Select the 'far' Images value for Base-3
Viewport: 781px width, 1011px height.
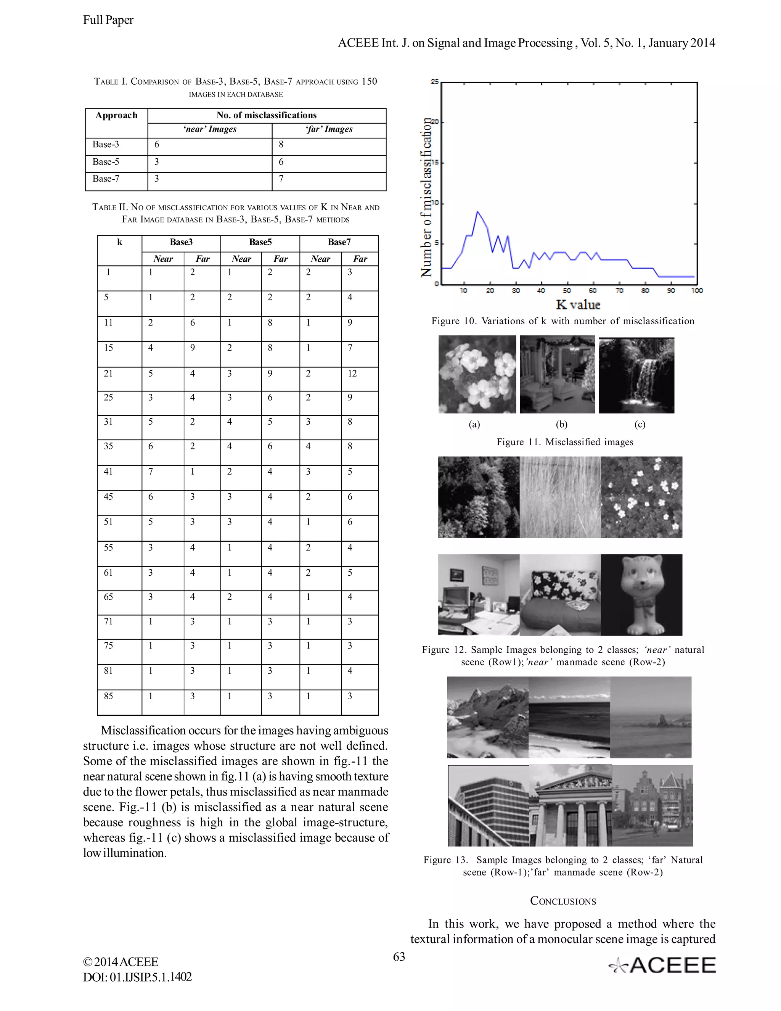[x=281, y=145]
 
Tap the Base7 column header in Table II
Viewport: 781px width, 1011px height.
[x=339, y=242]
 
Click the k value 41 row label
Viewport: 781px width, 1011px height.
[x=108, y=472]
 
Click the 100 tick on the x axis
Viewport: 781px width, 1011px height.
[x=697, y=291]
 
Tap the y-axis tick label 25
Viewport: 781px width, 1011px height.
[x=434, y=82]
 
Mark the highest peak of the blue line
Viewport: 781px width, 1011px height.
[x=477, y=212]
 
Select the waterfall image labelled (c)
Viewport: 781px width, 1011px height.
[x=636, y=375]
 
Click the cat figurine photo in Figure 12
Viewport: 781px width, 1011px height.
[x=641, y=595]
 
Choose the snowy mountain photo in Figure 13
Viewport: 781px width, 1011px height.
[x=487, y=717]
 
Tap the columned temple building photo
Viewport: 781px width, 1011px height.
[x=570, y=805]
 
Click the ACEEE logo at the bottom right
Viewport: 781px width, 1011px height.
[x=662, y=966]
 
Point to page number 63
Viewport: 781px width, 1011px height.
[x=399, y=957]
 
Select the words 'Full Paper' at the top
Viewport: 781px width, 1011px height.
[x=108, y=20]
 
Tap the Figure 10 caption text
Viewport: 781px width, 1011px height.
[x=562, y=321]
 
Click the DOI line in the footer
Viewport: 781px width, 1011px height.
[x=137, y=977]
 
